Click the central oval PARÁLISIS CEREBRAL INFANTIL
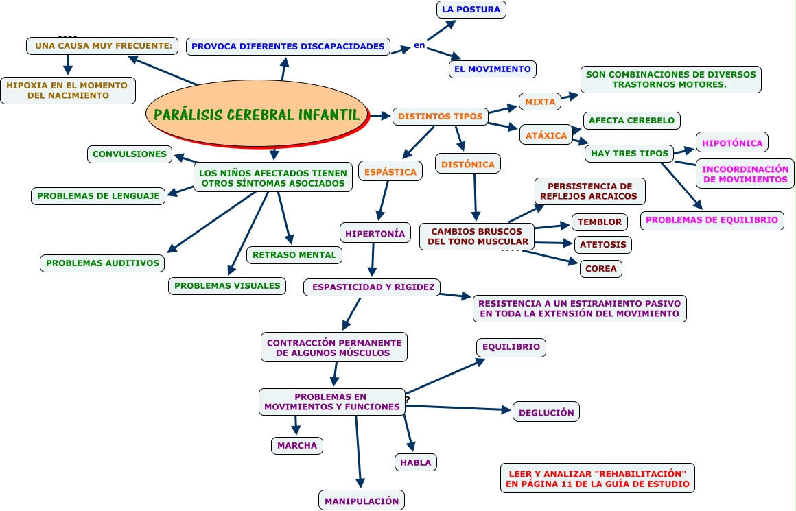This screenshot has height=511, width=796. pyautogui.click(x=256, y=114)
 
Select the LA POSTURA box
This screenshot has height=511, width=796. pyautogui.click(x=471, y=10)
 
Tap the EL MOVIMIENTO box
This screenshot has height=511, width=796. pyautogui.click(x=492, y=69)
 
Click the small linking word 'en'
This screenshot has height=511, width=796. pyautogui.click(x=419, y=46)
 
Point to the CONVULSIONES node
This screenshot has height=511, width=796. pyautogui.click(x=129, y=154)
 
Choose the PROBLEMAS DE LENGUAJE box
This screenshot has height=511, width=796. pyautogui.click(x=98, y=195)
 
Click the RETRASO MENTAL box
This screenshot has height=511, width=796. pyautogui.click(x=294, y=254)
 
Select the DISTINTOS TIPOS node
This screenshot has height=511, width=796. pyautogui.click(x=441, y=117)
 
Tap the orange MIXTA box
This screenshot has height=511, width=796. pyautogui.click(x=540, y=102)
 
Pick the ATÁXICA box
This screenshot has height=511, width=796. pyautogui.click(x=546, y=136)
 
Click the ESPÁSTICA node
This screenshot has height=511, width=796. pyautogui.click(x=390, y=171)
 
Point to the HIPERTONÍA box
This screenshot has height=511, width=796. pyautogui.click(x=375, y=233)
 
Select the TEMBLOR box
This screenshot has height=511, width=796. pyautogui.click(x=599, y=222)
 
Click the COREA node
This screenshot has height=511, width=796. pyautogui.click(x=601, y=268)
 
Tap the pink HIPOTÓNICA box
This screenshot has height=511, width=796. pyautogui.click(x=731, y=143)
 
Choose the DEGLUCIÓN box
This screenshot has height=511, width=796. pyautogui.click(x=546, y=412)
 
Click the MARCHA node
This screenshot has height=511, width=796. pyautogui.click(x=296, y=445)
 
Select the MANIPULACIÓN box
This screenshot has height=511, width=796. pyautogui.click(x=361, y=501)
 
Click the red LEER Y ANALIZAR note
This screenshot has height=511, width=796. pyautogui.click(x=597, y=478)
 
